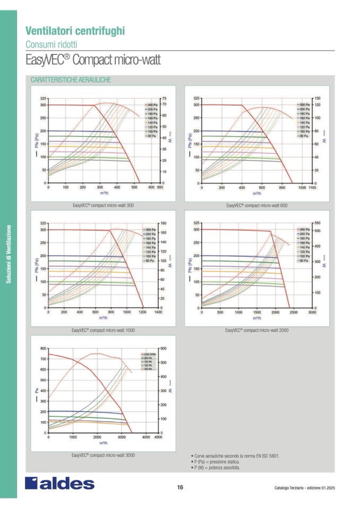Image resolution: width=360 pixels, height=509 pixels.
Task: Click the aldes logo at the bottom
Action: pos(59,484)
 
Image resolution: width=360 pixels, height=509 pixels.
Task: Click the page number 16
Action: pos(180,487)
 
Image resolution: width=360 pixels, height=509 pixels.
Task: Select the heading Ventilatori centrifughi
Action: pos(75,31)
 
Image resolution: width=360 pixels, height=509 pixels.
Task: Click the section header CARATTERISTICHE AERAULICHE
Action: pos(71,80)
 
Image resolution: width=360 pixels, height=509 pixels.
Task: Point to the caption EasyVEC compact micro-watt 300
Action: pos(103,205)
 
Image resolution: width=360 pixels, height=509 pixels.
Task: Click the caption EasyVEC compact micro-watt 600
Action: pos(256,205)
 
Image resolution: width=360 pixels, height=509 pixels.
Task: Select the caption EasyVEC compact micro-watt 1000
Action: pos(103,330)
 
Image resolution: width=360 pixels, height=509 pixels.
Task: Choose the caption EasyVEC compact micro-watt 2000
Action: pos(256,330)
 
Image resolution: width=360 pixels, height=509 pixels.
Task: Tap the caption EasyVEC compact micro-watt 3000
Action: pos(103,455)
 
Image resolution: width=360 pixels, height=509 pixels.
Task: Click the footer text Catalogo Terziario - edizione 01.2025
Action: pos(305,488)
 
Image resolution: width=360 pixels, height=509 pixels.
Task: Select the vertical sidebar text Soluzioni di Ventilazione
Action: pos(9,254)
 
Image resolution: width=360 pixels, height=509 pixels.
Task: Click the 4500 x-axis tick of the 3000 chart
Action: pos(158,437)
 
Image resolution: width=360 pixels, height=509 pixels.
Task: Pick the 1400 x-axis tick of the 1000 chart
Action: pos(158,312)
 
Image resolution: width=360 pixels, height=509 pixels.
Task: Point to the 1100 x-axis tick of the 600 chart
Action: pos(312,187)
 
